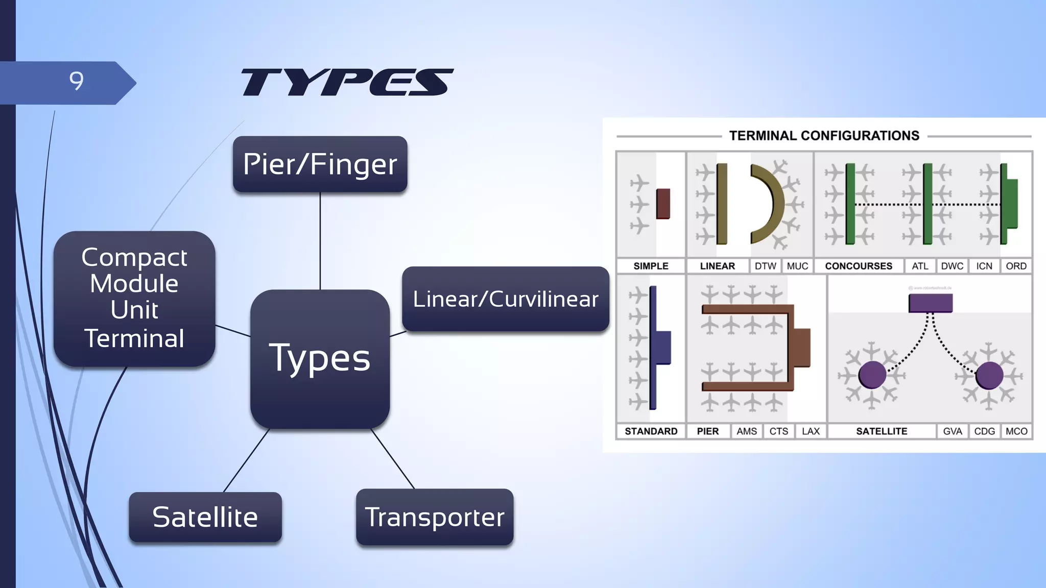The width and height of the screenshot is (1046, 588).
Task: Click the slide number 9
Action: (76, 81)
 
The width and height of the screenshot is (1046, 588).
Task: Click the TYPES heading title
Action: (347, 82)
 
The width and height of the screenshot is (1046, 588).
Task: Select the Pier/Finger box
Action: (320, 164)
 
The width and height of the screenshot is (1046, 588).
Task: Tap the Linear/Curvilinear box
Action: (505, 299)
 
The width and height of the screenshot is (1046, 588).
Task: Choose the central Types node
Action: (320, 359)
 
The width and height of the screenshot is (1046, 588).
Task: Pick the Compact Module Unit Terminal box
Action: (134, 299)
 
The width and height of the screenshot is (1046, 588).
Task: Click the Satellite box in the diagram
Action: (205, 517)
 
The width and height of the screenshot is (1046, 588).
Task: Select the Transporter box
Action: (435, 517)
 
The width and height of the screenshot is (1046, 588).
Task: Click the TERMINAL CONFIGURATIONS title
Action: (824, 136)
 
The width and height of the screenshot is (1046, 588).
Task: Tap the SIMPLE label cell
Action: (651, 266)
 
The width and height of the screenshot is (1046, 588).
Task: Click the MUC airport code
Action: (797, 266)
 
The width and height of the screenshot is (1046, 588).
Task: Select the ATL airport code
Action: (920, 266)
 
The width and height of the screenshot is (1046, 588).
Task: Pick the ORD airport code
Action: (1016, 266)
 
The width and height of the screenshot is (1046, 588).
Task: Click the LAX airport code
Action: (811, 431)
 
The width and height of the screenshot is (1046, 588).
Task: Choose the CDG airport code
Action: (984, 431)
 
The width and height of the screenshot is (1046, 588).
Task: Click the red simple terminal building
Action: (663, 204)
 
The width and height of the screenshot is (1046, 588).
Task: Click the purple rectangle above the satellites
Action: (931, 303)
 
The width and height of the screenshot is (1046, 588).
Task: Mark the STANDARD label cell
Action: (651, 431)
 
